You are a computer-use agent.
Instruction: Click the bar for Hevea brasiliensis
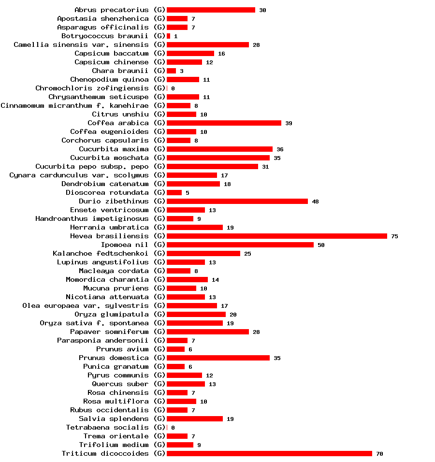point(276,236)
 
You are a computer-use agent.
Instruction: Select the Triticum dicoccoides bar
point(269,453)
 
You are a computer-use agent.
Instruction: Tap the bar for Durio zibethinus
point(237,201)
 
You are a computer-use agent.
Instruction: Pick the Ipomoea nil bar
point(240,245)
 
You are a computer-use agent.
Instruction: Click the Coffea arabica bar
point(224,123)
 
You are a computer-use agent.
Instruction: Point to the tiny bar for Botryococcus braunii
point(168,36)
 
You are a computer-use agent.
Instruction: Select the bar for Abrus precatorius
point(211,10)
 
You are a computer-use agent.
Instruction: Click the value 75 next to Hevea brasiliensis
point(394,236)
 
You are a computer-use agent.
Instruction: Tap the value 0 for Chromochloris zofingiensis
point(173,88)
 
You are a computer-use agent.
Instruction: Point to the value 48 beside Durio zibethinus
point(315,202)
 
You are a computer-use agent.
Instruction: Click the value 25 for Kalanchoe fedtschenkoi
point(247,254)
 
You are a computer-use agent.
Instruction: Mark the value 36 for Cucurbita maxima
point(280,149)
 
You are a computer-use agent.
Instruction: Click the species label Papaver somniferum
point(109,332)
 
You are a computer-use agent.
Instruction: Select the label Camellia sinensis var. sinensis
point(81,44)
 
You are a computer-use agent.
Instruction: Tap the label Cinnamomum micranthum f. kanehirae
point(74,105)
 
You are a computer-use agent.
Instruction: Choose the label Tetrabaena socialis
point(107,427)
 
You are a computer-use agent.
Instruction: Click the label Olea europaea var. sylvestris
point(86,305)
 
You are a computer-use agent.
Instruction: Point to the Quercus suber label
point(120,384)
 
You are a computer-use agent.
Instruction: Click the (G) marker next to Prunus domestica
point(159,358)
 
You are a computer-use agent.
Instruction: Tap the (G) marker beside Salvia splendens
point(159,419)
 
